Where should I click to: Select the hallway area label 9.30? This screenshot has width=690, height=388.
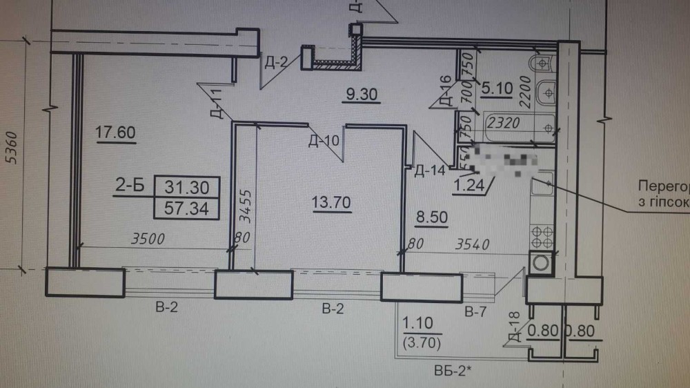[x=364, y=95]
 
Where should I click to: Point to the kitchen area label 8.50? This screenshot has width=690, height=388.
[x=431, y=218]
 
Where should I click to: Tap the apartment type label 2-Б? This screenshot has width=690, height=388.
[x=130, y=186]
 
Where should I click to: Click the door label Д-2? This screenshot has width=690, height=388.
[x=275, y=63]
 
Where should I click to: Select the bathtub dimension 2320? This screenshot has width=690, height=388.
[x=504, y=124]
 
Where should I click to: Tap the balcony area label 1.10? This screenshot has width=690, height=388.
[x=417, y=324]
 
